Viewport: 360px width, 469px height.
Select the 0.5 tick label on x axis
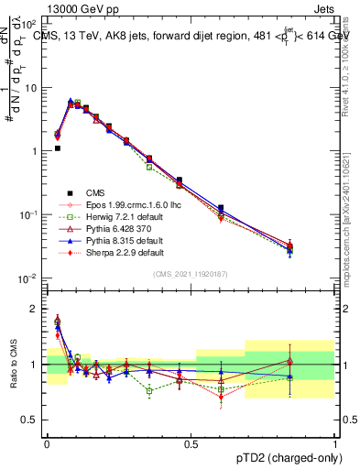[191, 442]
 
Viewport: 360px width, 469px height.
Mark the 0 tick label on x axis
[47, 442]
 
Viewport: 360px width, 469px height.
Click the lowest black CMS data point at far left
[57, 147]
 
